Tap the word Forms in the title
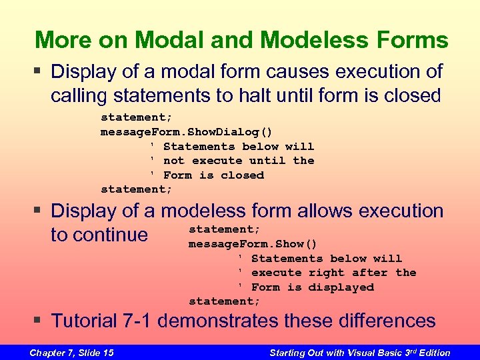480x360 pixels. coord(421,40)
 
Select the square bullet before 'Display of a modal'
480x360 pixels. coord(41,71)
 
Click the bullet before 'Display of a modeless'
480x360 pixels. coord(41,211)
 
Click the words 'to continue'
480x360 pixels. coord(99,235)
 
